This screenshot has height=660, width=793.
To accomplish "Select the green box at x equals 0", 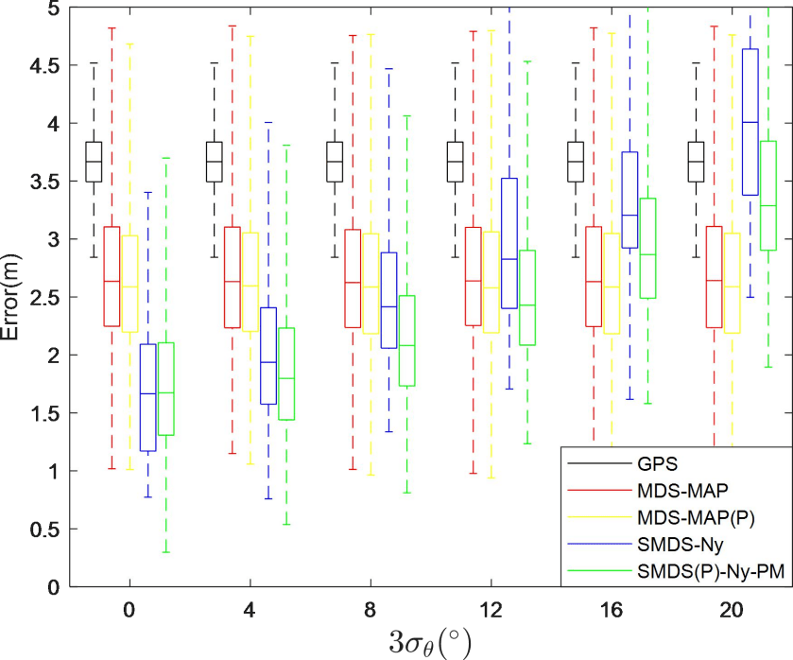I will [x=165, y=389].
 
